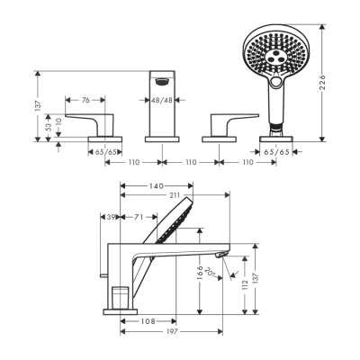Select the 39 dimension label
point(112,218)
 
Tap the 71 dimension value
point(140,218)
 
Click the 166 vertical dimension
point(200,274)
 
